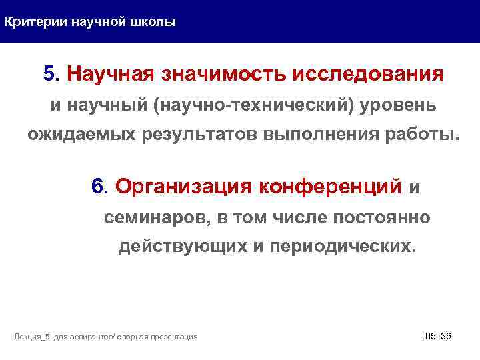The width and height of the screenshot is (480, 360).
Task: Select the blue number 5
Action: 49,73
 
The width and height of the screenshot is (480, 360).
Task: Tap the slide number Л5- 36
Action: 437,336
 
